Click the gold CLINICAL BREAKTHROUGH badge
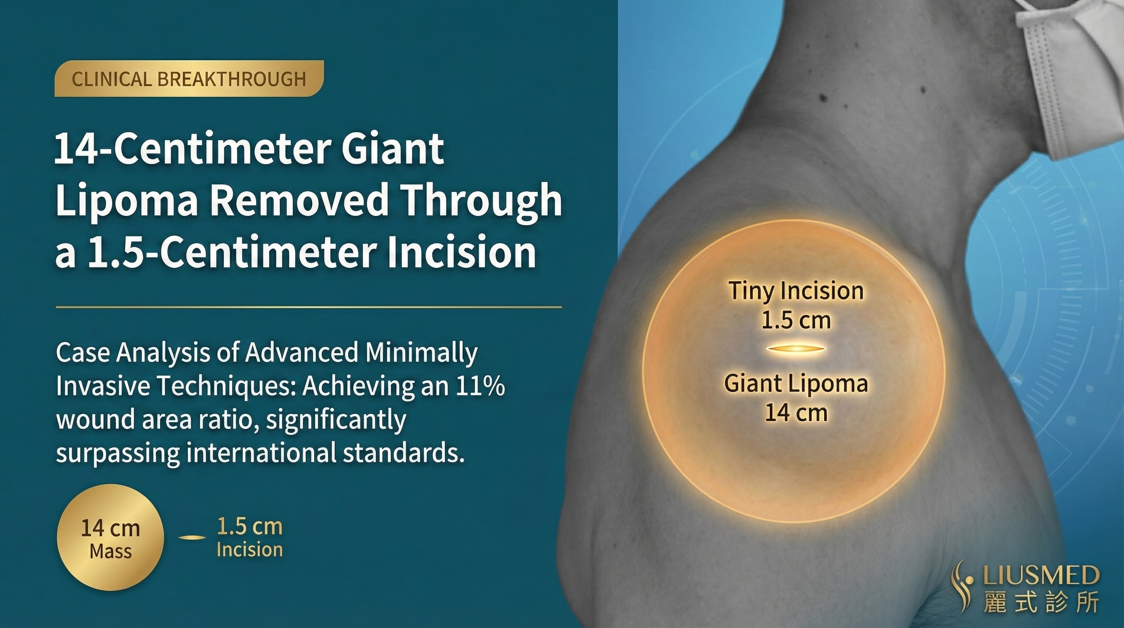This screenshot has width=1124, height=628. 189,78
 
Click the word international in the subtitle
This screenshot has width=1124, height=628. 261,453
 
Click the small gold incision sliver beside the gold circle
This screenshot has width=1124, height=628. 192,538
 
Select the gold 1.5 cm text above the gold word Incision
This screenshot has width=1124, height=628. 250,527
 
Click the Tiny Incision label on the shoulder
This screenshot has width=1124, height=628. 796,291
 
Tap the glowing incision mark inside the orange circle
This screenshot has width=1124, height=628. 796,349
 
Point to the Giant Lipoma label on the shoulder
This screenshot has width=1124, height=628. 796,384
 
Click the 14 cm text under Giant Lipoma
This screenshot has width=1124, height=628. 796,413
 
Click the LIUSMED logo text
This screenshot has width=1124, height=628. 1041,575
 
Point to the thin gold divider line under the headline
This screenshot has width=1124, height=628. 308,307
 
